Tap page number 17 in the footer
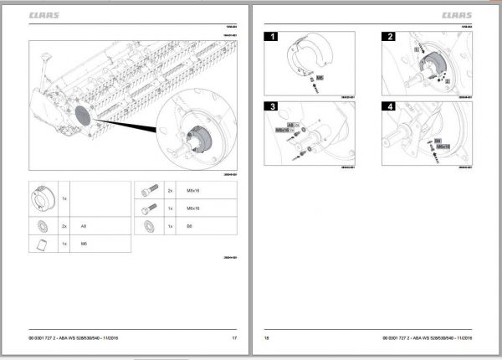[x=234, y=337]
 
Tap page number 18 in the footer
[x=267, y=337]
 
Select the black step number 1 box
[x=272, y=37]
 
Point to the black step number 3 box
[x=272, y=107]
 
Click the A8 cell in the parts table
[x=84, y=226]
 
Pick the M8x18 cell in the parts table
[x=192, y=191]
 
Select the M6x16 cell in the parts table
[x=192, y=208]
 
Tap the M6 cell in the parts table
[x=84, y=244]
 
